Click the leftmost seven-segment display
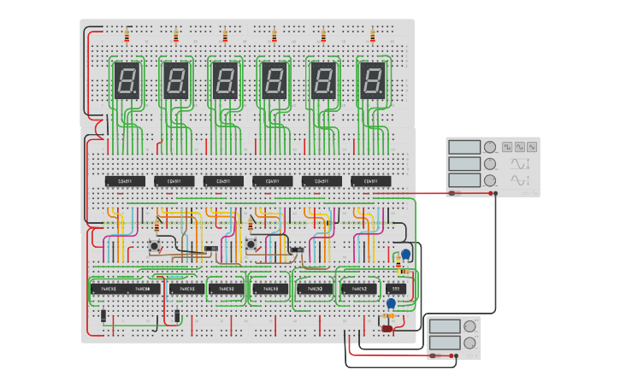click(127, 81)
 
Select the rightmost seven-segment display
click(372, 81)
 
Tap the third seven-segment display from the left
click(225, 81)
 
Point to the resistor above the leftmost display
click(127, 37)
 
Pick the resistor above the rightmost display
click(372, 37)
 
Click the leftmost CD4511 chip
click(125, 181)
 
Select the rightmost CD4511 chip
click(370, 181)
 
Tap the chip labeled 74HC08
click(147, 289)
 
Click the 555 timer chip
click(395, 289)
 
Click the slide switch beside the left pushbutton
click(210, 249)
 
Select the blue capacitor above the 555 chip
click(405, 255)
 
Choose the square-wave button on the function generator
click(507, 147)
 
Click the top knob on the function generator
click(490, 147)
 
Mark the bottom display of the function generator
click(464, 180)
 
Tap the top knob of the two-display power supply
click(469, 326)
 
